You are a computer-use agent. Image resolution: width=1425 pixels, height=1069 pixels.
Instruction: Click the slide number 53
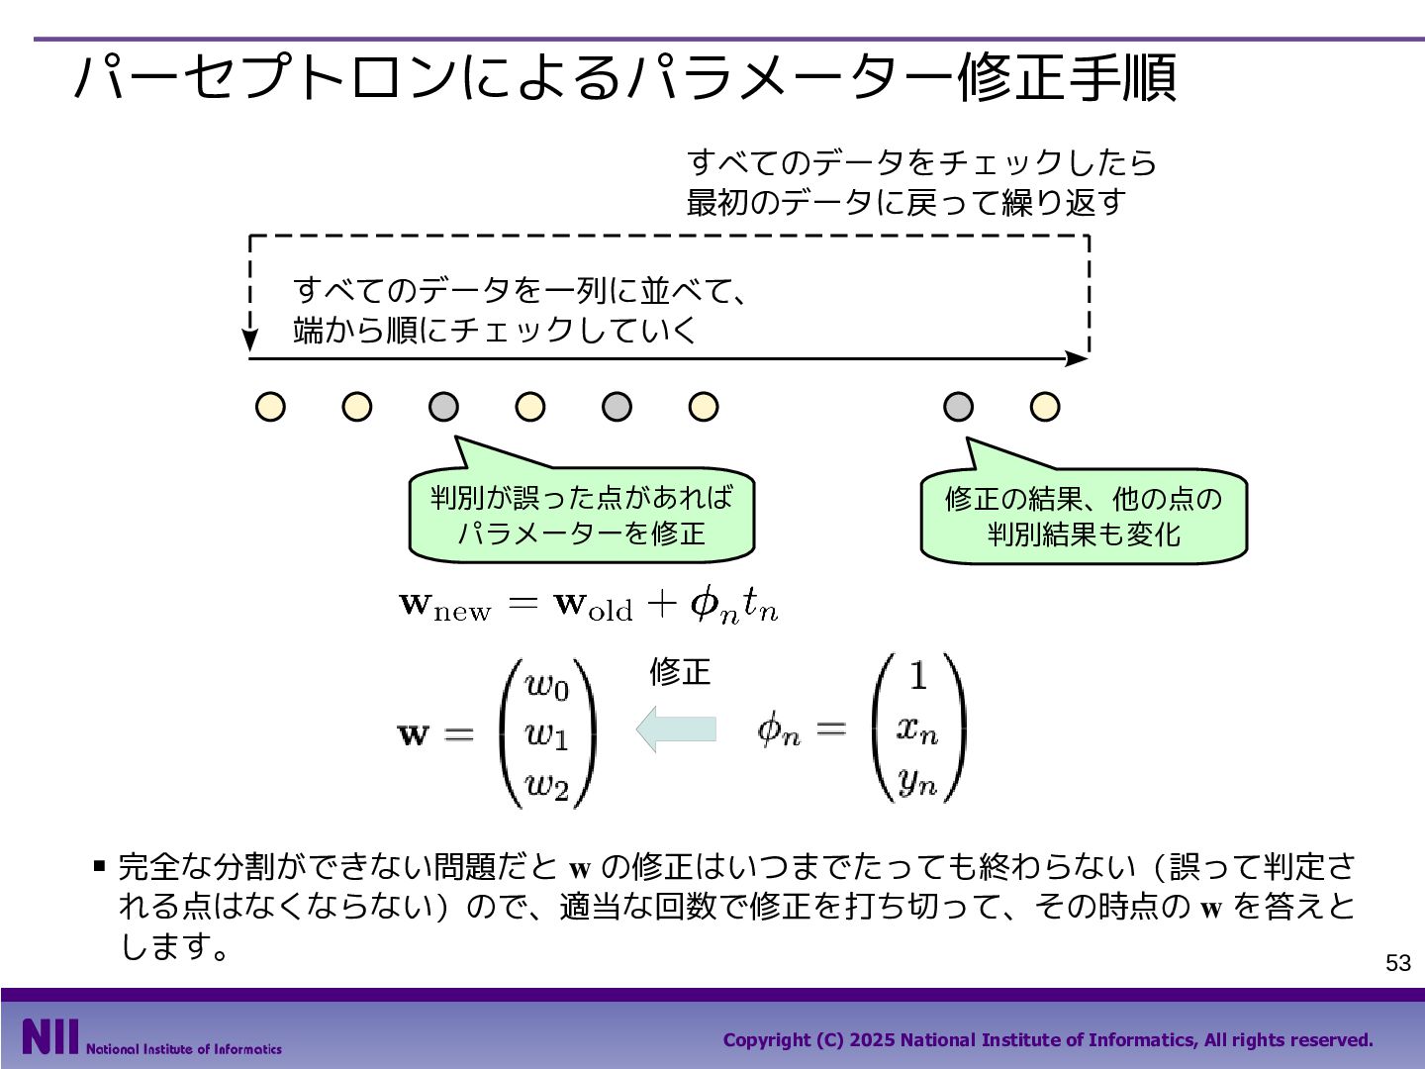[1397, 962]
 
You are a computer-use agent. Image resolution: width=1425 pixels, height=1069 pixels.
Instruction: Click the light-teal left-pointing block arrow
[676, 729]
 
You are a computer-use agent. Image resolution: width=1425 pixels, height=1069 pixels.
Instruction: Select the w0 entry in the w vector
[546, 685]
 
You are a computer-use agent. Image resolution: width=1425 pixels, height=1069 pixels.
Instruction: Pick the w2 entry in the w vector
[546, 785]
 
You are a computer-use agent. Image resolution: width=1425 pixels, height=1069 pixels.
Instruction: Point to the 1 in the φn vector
[918, 675]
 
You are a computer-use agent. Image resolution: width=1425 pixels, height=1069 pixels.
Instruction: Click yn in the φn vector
[918, 782]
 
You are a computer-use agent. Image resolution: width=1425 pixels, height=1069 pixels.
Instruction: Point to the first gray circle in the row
[443, 407]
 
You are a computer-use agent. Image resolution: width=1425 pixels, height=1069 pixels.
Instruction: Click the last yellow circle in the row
[1045, 407]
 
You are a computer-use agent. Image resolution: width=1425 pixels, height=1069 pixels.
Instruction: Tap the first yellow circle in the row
[270, 407]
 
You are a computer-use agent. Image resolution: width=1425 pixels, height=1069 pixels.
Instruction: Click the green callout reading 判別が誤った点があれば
[581, 513]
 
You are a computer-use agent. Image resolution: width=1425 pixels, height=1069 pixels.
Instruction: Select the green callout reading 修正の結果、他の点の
[1084, 514]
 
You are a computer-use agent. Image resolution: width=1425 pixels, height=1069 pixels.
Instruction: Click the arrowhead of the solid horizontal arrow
[1078, 358]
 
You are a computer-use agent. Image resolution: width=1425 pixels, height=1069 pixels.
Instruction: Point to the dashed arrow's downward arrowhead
[250, 340]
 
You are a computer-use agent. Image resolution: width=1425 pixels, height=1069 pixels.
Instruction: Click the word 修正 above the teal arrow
[680, 672]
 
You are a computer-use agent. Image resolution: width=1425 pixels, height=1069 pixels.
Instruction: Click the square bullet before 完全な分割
[99, 866]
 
